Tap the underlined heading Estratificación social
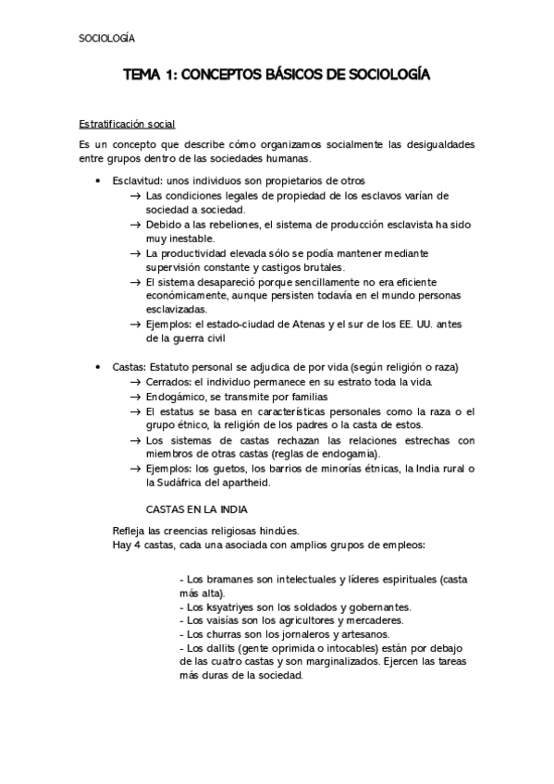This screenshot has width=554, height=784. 126,124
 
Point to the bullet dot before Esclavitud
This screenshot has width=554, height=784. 99,181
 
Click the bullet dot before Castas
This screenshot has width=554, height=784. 99,367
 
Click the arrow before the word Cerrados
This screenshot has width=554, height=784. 136,382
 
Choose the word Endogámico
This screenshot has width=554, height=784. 179,396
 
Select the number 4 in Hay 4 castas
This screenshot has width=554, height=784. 135,545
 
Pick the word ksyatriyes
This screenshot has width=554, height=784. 230,607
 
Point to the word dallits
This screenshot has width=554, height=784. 221,649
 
